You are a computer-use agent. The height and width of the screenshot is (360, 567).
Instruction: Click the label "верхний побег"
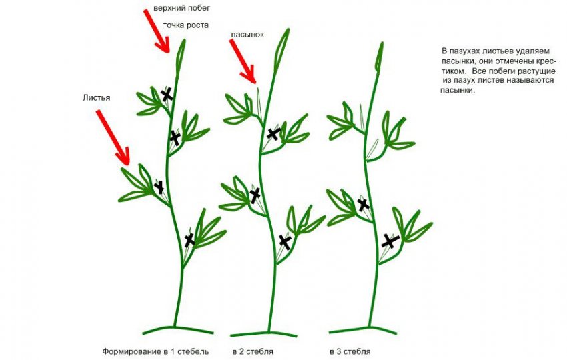point(181,8)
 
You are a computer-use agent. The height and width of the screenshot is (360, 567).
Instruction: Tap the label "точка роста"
point(186,25)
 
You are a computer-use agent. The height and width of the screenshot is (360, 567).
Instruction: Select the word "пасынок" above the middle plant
point(247,35)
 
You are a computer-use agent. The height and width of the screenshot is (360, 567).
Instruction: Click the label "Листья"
point(97,97)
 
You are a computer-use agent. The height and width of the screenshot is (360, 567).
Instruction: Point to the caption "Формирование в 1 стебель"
point(156,351)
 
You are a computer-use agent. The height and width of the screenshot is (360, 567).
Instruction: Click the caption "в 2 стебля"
point(253,351)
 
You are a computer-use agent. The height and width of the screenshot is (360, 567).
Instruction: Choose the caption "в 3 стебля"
point(350,351)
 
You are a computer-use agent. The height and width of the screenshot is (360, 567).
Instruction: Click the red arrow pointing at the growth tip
point(157,31)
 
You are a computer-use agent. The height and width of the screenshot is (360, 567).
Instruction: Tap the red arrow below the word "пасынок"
point(243,61)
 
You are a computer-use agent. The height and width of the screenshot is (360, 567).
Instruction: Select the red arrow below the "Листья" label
point(113,138)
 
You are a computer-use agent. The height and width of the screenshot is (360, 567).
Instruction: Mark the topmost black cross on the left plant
point(167,95)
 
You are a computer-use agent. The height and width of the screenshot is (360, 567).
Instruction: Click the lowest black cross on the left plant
point(189,239)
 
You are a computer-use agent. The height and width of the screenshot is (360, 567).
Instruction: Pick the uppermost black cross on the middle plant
point(273,134)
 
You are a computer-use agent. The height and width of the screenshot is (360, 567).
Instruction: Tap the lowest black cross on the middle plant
point(285,242)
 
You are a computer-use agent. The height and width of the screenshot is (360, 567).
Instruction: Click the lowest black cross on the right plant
point(390,241)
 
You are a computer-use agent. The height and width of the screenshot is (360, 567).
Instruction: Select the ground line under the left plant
point(178,329)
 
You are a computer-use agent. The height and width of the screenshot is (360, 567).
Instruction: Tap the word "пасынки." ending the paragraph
point(457,90)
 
